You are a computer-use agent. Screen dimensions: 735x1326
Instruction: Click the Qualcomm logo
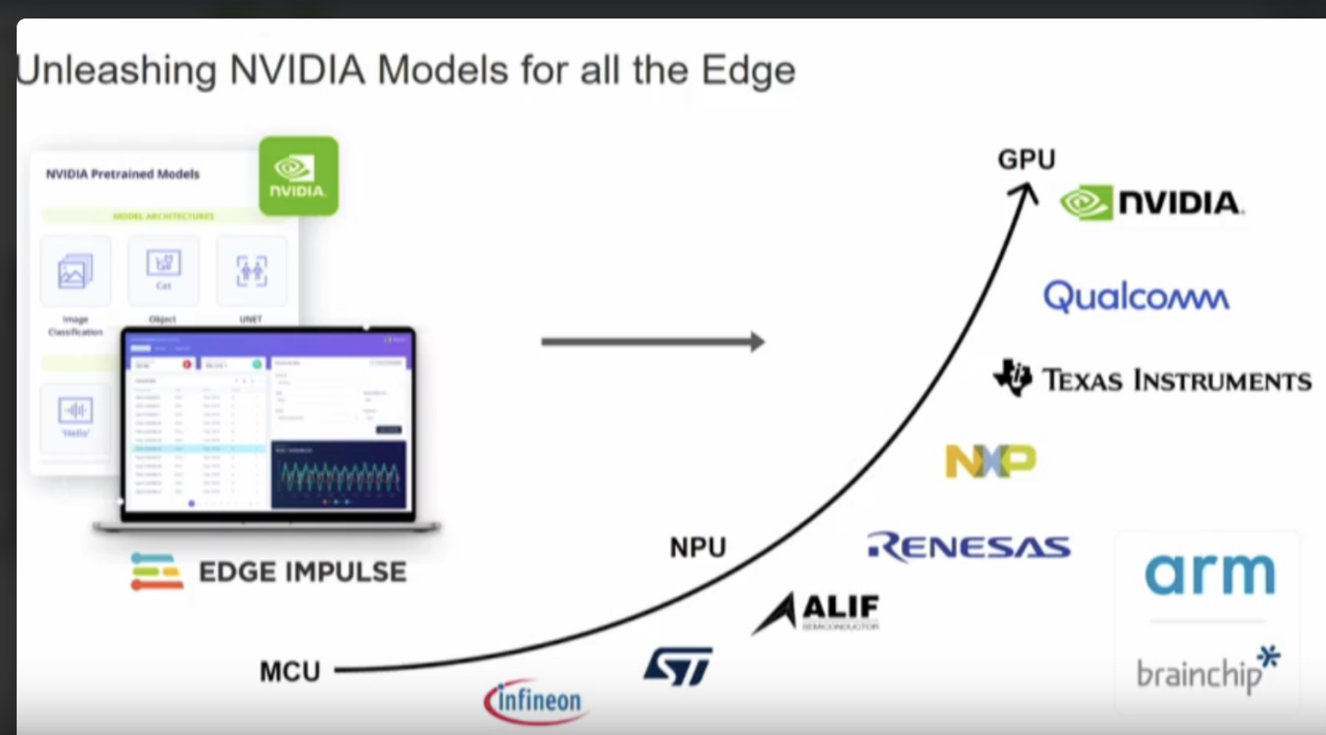pyautogui.click(x=1136, y=297)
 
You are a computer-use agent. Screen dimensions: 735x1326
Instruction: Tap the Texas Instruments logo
pyautogui.click(x=1152, y=380)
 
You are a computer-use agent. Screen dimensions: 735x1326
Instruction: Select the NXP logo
pyautogui.click(x=990, y=461)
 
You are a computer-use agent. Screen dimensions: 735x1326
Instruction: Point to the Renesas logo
pyautogui.click(x=969, y=546)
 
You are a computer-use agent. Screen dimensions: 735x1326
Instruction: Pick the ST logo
pyautogui.click(x=678, y=666)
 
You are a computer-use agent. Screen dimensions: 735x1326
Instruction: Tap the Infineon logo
pyautogui.click(x=536, y=701)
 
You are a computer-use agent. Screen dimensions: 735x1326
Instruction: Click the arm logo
pyautogui.click(x=1209, y=574)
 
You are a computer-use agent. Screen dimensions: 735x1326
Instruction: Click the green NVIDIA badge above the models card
pyautogui.click(x=298, y=176)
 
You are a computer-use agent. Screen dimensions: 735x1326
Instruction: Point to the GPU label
pyautogui.click(x=1026, y=160)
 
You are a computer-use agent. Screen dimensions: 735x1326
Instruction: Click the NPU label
pyautogui.click(x=697, y=548)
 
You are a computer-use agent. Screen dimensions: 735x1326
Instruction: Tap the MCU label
pyautogui.click(x=290, y=671)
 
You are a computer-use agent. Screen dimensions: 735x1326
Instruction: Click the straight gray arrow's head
pyautogui.click(x=757, y=342)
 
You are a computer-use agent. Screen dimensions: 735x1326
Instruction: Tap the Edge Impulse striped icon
pyautogui.click(x=156, y=571)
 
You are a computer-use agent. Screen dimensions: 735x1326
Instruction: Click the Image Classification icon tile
pyautogui.click(x=75, y=271)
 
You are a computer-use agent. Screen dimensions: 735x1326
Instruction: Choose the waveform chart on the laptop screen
pyautogui.click(x=338, y=475)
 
